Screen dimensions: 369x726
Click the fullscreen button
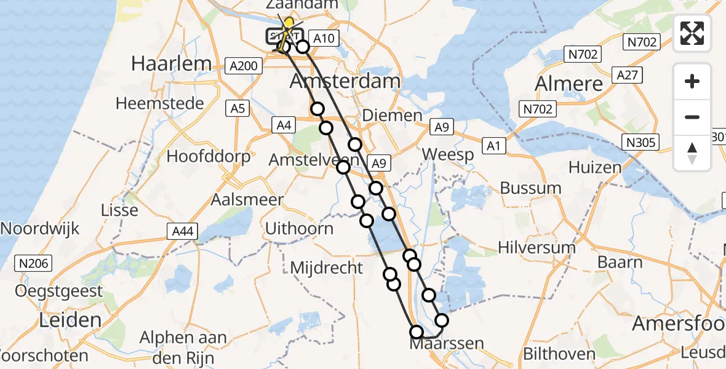click(x=692, y=33)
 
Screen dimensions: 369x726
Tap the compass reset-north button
click(x=692, y=153)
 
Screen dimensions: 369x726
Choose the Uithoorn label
click(x=299, y=229)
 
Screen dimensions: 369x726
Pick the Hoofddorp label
click(x=209, y=156)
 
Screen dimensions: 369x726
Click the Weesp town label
click(x=449, y=154)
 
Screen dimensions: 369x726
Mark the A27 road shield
click(x=628, y=76)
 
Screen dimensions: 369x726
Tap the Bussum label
click(x=531, y=188)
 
